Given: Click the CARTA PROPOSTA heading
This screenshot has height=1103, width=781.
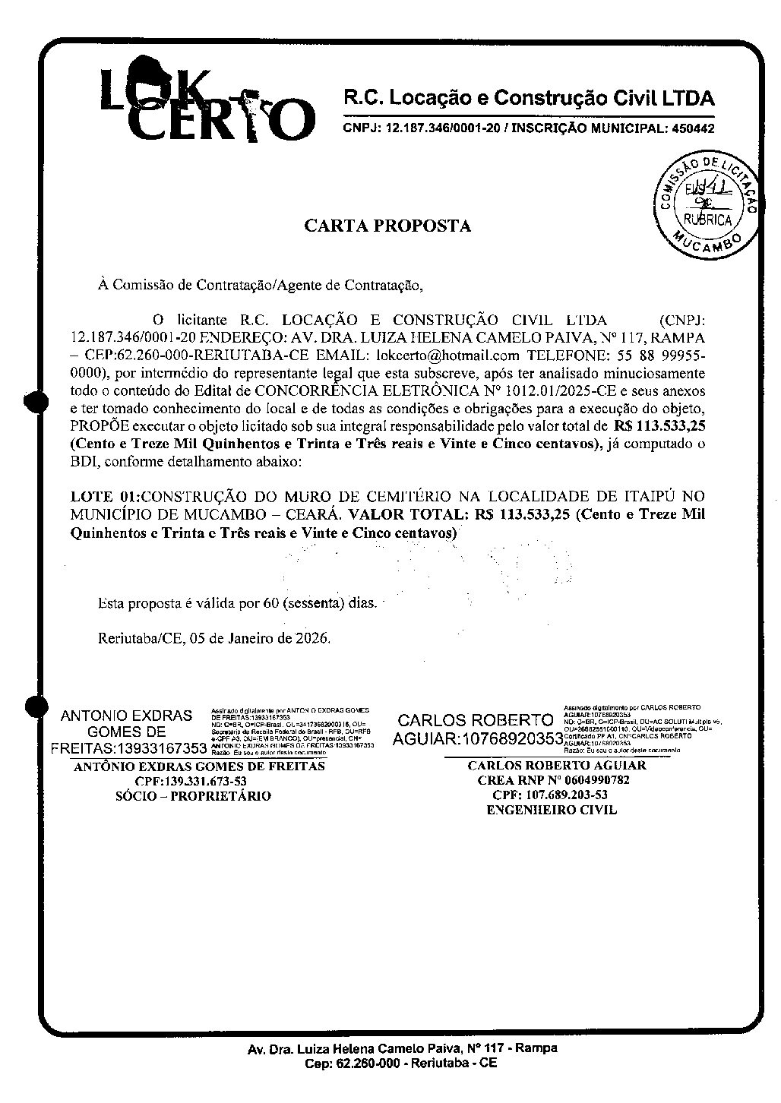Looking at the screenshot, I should (387, 226).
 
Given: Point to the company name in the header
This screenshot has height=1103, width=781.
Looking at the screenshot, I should (530, 99).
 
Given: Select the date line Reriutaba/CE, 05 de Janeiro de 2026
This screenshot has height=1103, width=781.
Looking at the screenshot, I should (215, 638).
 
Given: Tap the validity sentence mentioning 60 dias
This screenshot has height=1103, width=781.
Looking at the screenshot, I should (238, 604).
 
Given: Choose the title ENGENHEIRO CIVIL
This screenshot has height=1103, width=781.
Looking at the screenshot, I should (552, 810).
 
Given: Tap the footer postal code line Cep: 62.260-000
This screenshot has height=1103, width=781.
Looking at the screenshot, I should (401, 1063).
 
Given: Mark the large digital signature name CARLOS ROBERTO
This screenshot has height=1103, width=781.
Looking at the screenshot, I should (476, 720).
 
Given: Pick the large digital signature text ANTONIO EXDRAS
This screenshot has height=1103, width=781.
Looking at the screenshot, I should (126, 716).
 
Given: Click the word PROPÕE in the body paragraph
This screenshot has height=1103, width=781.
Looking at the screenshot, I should (95, 426).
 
